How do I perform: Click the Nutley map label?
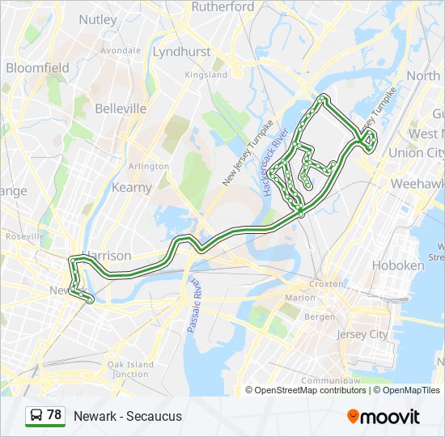pyautogui.click(x=98, y=19)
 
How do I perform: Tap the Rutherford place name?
pyautogui.click(x=222, y=6)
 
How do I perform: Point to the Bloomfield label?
pyautogui.click(x=37, y=68)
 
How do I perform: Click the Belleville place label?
pyautogui.click(x=121, y=108)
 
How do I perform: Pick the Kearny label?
pyautogui.click(x=132, y=187)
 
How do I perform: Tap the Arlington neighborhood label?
pyautogui.click(x=149, y=166)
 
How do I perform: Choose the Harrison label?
pyautogui.click(x=106, y=256)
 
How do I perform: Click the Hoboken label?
pyautogui.click(x=397, y=265)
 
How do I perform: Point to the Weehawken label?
pyautogui.click(x=417, y=184)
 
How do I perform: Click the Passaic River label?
pyautogui.click(x=194, y=305)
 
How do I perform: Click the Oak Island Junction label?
pyautogui.click(x=129, y=369)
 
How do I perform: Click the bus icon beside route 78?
pyautogui.click(x=36, y=416)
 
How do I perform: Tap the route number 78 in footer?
pyautogui.click(x=54, y=415)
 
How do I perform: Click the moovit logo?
pyautogui.click(x=384, y=416)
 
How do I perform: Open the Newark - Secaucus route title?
pyautogui.click(x=128, y=416)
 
